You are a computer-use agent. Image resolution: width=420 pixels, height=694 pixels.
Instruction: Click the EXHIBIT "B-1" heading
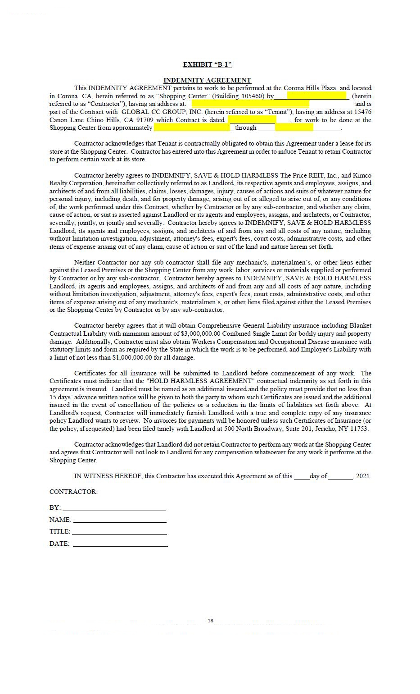tap(207, 64)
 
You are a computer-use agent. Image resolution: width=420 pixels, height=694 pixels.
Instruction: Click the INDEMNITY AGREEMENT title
tap(207, 80)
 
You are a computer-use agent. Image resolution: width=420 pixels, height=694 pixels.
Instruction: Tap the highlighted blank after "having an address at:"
tap(250, 104)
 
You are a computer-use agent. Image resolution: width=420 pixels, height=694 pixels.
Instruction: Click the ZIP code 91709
tap(144, 120)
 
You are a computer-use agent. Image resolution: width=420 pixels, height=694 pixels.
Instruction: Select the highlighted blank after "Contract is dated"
tap(252, 120)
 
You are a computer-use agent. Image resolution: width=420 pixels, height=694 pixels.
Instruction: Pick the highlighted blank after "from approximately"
tap(194, 128)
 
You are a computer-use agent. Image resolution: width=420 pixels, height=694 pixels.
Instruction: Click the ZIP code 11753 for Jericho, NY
tap(359, 429)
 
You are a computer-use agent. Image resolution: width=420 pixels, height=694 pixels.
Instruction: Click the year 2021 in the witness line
tap(363, 476)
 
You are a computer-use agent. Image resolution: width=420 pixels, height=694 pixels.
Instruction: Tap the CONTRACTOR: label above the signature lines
tap(73, 492)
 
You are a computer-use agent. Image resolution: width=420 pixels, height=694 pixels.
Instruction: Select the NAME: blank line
tap(120, 520)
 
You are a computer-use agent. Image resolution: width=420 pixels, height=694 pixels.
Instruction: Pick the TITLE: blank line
tap(120, 532)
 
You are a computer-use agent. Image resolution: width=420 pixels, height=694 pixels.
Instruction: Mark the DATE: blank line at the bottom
tap(120, 544)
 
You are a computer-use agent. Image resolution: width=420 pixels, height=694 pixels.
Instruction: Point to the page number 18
tap(210, 621)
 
